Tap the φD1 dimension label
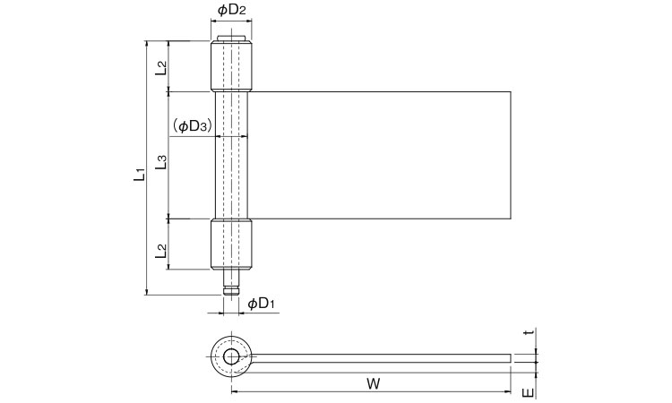point(261,304)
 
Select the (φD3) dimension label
point(192,126)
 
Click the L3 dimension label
point(160,162)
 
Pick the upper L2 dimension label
point(160,66)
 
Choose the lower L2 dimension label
point(160,251)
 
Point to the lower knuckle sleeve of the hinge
point(232,244)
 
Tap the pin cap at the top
point(232,38)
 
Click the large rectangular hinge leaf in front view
point(381,154)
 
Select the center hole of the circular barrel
point(231,357)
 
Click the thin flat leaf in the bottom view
point(385,358)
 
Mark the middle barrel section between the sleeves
point(232,154)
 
